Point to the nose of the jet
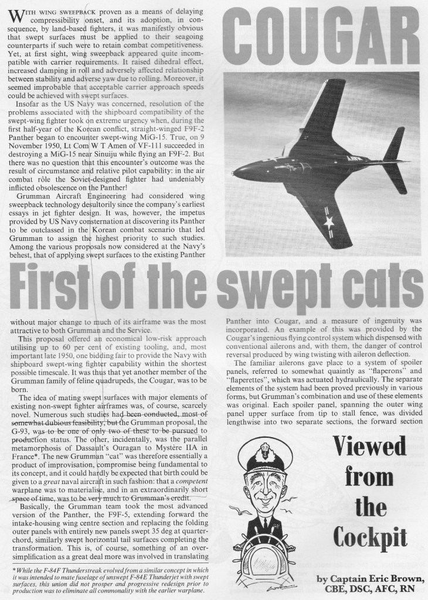tap(236, 172)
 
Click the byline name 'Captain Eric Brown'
tap(378, 579)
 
